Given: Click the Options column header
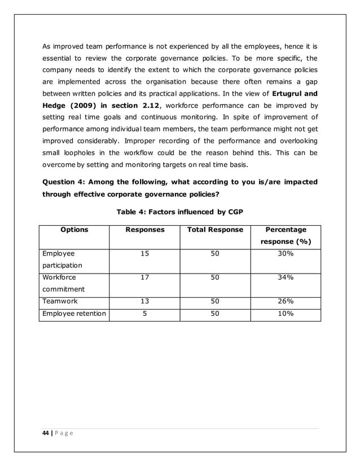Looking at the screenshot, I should point(74,230).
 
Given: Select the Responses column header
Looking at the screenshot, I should point(144,230).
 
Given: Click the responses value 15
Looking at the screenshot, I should point(144,254).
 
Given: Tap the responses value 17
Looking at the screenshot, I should point(144,278).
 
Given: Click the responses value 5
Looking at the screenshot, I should point(144,314).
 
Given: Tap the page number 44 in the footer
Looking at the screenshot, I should point(47,432).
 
